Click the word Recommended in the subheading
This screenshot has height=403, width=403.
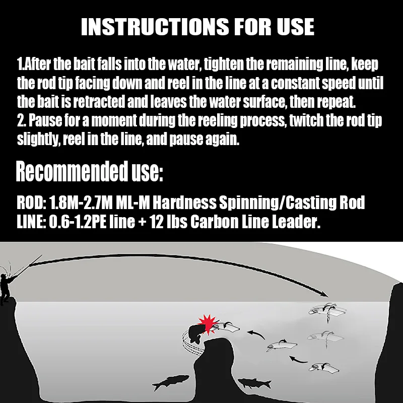72,171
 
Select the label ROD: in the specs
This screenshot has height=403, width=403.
31,203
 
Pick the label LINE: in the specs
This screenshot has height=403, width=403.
31,222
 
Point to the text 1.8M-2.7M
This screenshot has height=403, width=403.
81,203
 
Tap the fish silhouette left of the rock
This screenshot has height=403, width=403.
170,382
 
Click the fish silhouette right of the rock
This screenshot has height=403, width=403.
254,383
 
